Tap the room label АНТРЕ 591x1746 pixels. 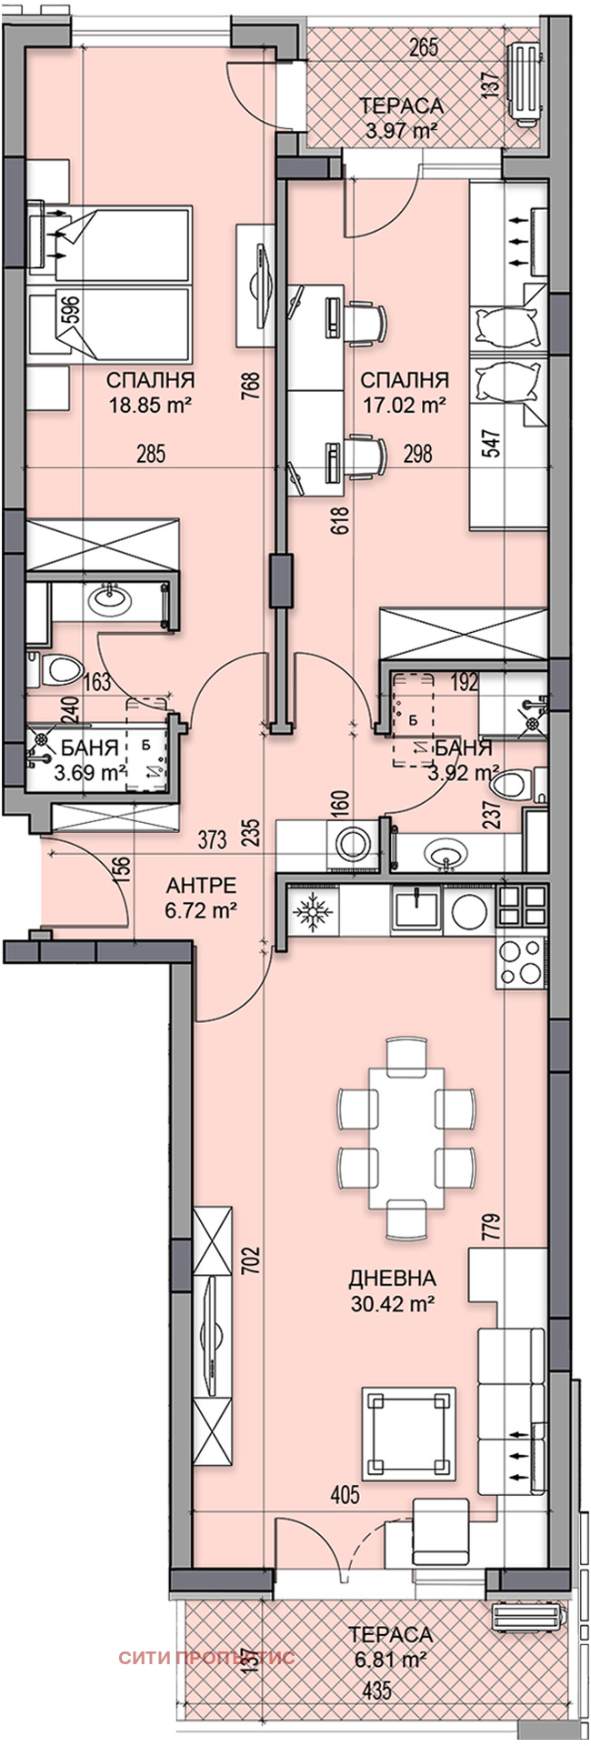202,885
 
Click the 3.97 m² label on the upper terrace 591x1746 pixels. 402,131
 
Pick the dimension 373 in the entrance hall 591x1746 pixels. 212,840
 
